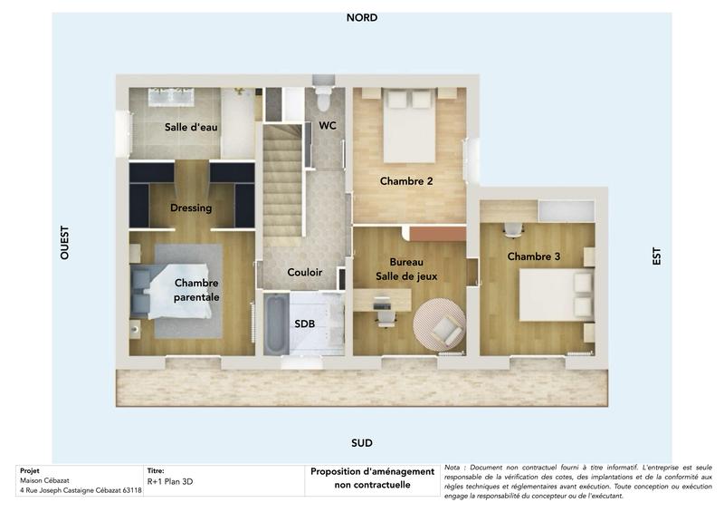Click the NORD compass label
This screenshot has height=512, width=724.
coord(361,17)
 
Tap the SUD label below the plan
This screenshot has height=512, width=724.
coord(361,443)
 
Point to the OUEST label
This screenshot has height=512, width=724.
coord(64,243)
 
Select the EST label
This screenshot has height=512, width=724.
coord(656,256)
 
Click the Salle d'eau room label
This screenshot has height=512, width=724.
coord(191,127)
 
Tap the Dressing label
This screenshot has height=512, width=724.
coord(191,208)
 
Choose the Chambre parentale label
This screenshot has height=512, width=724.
coord(196,290)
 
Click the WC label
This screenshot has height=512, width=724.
coord(328,125)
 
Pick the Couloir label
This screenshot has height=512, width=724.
coord(305,272)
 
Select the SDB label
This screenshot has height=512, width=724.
coord(305,324)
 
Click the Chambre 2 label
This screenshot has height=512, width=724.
coord(406,181)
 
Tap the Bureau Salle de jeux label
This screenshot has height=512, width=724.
coord(406,268)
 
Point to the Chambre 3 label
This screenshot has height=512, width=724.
coord(533,256)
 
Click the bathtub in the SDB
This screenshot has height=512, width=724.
coord(274,325)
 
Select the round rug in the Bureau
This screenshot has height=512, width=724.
coord(439,324)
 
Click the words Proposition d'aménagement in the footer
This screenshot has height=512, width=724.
coord(373,471)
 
